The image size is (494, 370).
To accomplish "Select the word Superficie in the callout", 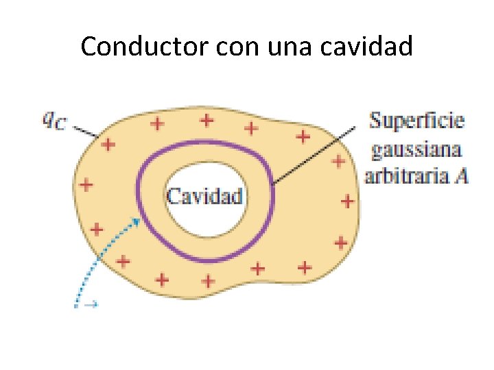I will tap(417, 121).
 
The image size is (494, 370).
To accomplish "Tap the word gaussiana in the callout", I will tap(417, 149).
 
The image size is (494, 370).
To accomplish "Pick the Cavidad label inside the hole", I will tap(205, 197).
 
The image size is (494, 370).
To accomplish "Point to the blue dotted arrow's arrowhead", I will tap(139, 221).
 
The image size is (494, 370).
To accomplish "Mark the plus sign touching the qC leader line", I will tap(107, 145).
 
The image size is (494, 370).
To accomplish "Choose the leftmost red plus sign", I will tap(86, 184).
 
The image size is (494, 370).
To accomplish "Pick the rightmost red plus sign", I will tap(347, 201).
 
